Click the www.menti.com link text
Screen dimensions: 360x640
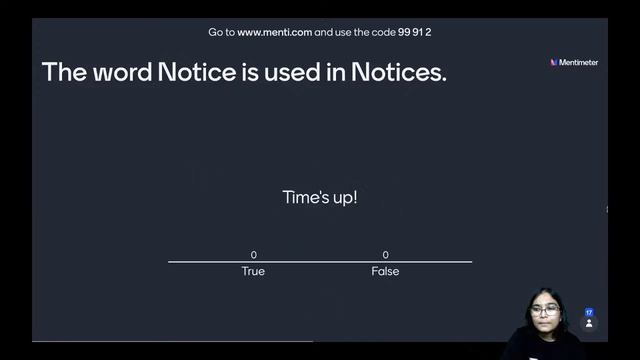point(274,32)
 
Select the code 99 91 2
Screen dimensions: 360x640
point(414,32)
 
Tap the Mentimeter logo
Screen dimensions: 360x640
point(574,62)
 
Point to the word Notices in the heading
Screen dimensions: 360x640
point(397,72)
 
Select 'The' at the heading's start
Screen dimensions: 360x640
point(62,72)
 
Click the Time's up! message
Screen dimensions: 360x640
point(320,197)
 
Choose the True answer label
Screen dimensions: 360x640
point(253,271)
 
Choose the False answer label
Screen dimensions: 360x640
point(385,271)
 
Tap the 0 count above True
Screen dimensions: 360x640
point(254,255)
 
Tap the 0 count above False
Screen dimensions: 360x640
point(385,255)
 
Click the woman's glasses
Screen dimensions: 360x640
point(544,311)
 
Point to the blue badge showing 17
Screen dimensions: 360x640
point(589,312)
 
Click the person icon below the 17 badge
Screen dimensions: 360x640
point(589,324)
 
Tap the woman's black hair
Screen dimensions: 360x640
point(545,296)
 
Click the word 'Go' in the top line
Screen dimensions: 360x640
point(215,32)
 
